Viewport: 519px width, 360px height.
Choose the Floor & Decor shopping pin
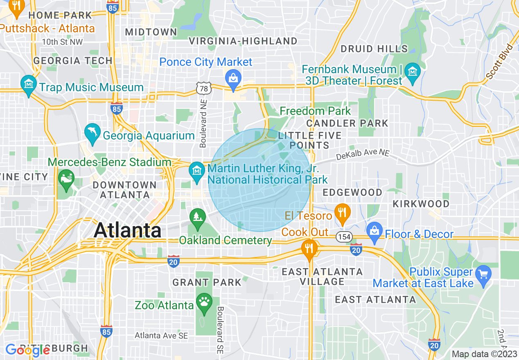(375, 230)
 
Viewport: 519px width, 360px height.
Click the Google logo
(27, 350)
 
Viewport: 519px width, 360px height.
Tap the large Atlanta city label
(127, 230)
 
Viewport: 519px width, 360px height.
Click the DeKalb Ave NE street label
(362, 154)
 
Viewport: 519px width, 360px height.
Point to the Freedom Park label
(315, 111)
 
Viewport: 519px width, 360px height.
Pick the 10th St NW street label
(62, 42)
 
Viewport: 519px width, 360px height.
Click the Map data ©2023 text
(484, 354)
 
